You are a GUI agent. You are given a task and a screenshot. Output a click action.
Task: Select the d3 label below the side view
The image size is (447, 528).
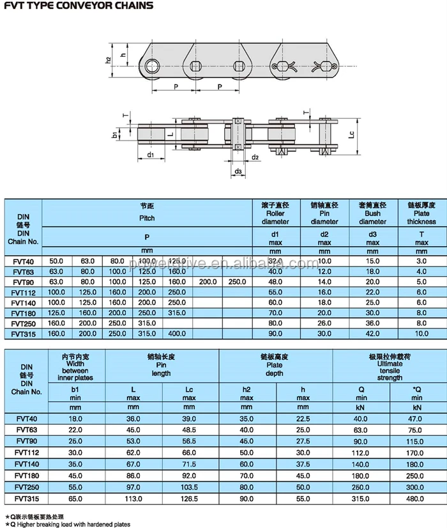[238, 171]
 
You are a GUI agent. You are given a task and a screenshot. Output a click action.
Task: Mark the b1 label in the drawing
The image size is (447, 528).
[114, 135]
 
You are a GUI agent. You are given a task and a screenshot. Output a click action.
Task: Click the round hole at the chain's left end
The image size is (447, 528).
[151, 66]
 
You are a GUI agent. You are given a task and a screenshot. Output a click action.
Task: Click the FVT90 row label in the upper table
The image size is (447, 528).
[24, 282]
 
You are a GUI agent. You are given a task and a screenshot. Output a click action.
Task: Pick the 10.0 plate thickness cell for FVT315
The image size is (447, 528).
[421, 333]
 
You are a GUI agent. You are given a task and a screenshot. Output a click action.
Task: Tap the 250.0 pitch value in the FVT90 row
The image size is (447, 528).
[237, 282]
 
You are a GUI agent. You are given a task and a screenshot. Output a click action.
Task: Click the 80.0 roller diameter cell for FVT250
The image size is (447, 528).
[275, 323]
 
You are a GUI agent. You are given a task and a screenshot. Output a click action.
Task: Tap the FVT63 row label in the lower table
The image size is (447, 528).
[26, 430]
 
